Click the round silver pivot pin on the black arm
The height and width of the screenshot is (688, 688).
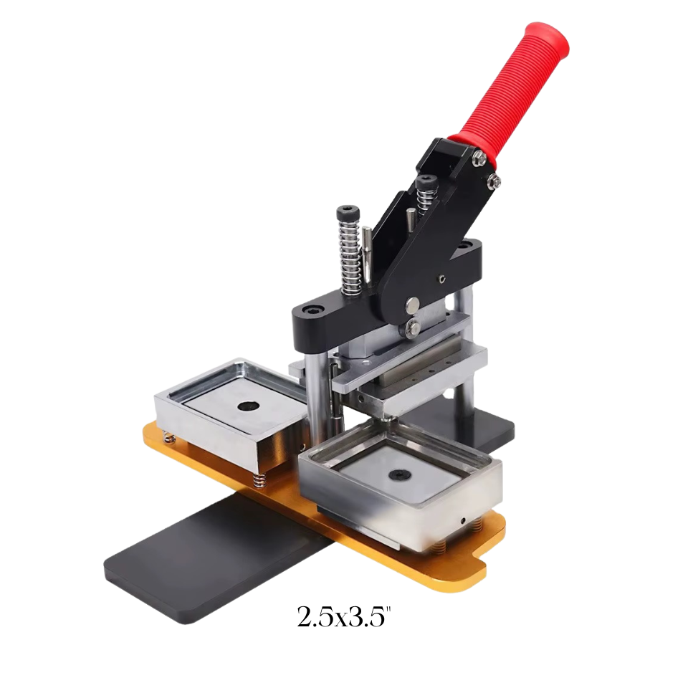tap(411, 306)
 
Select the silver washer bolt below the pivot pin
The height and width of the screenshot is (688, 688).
tap(414, 329)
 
